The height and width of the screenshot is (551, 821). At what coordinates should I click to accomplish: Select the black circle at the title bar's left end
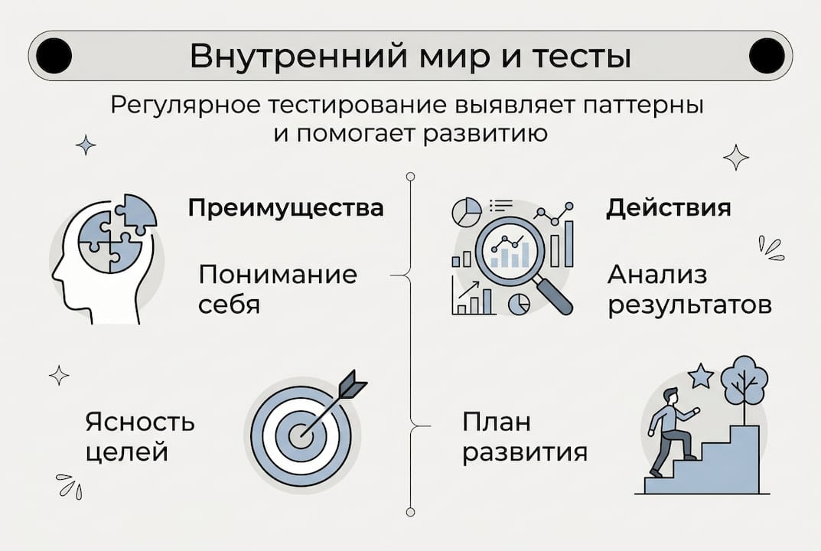tap(54, 56)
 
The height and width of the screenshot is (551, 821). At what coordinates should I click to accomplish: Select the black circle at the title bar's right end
tap(767, 56)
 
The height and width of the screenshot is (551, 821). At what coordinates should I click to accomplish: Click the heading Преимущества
tap(285, 208)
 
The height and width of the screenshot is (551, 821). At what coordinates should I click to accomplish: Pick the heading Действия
tap(668, 208)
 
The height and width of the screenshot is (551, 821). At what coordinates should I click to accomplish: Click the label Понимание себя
tap(277, 289)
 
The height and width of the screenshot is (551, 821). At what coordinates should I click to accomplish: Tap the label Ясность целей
tap(140, 436)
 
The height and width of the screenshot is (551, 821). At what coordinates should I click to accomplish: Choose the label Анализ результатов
tap(689, 290)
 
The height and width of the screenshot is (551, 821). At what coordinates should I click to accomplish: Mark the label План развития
tap(525, 436)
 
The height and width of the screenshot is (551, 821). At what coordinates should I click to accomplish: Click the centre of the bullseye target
tap(299, 435)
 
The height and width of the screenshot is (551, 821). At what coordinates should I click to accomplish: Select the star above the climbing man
tap(700, 376)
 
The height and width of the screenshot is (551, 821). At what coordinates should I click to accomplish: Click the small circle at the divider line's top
tap(410, 177)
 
